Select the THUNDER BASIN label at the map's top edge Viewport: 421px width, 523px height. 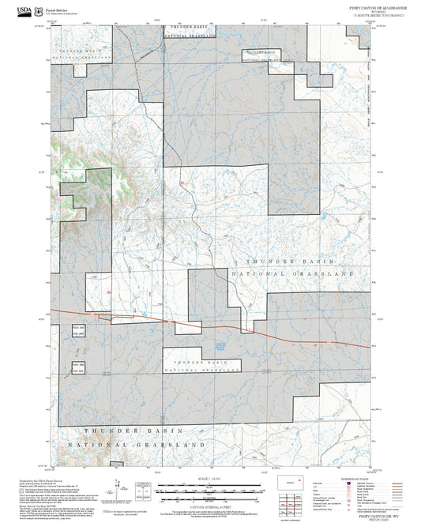190,26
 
